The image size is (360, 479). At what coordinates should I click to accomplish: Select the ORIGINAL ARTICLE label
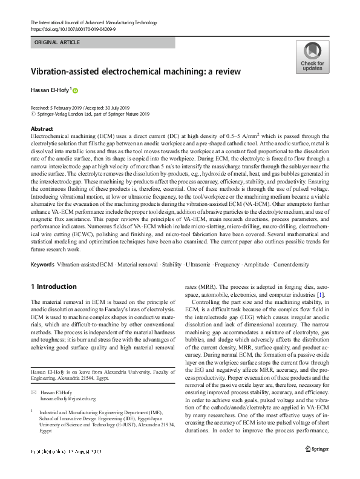(x=57, y=42)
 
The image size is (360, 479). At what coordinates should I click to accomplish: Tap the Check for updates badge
(x=312, y=58)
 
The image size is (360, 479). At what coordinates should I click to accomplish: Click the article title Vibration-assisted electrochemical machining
(x=136, y=71)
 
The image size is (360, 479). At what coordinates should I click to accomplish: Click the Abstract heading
(x=41, y=130)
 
